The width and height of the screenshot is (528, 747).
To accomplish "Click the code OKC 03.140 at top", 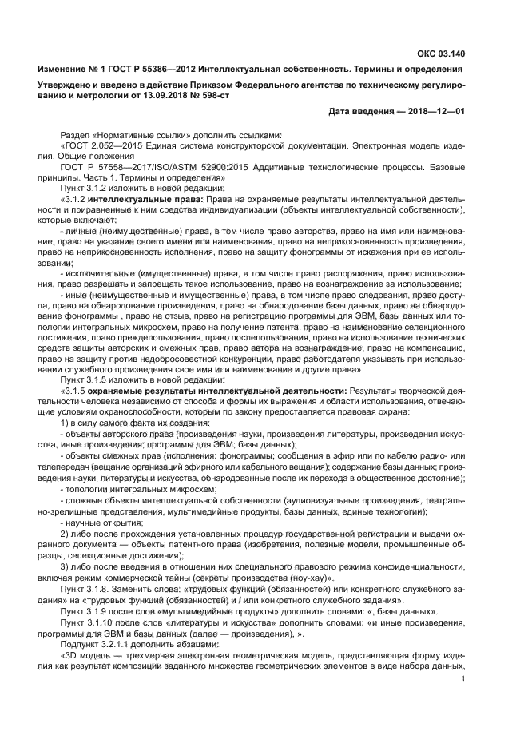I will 439,54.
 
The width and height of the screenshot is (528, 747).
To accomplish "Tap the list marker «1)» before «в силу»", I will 66,421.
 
